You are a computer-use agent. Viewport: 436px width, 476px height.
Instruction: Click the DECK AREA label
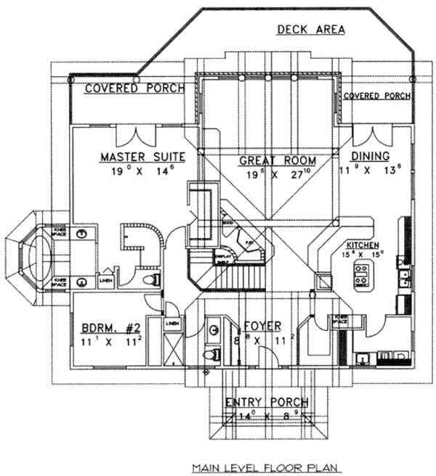[310, 29]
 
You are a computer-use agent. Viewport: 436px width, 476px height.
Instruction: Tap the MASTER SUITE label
[143, 157]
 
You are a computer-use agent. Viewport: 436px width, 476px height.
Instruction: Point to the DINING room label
[370, 157]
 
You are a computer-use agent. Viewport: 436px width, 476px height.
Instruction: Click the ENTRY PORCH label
[267, 402]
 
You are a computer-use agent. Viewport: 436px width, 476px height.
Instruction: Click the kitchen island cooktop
[362, 274]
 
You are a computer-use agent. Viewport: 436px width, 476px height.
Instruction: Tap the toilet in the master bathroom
[152, 279]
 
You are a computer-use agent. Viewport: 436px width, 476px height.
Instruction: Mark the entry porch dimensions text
[266, 416]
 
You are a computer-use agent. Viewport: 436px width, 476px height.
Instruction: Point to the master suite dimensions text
[142, 172]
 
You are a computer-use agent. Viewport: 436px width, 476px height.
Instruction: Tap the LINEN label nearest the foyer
[172, 324]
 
